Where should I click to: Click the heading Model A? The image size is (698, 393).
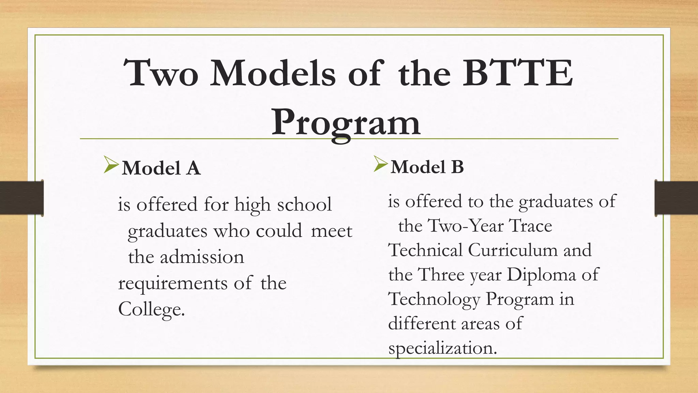click(161, 168)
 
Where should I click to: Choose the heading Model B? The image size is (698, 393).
click(427, 167)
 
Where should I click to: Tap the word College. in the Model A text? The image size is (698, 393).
click(151, 309)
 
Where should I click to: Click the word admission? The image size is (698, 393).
click(202, 257)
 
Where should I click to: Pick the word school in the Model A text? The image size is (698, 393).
click(304, 205)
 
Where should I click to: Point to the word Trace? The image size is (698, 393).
click(530, 226)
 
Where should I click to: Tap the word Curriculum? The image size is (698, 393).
click(513, 250)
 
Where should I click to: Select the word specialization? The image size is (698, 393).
click(442, 348)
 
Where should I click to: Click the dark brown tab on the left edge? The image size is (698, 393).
click(21, 198)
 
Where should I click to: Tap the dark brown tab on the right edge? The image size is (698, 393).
click(676, 198)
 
